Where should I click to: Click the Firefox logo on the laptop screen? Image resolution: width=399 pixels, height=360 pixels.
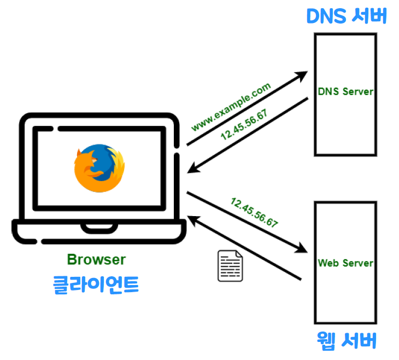click(99, 169)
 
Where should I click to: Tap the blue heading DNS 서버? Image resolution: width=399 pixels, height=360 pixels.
click(346, 16)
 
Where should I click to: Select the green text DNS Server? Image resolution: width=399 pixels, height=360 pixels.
click(345, 91)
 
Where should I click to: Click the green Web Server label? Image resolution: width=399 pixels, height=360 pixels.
click(345, 263)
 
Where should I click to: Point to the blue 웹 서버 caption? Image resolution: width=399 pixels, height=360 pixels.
click(347, 340)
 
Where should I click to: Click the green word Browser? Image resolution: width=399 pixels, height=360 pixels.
click(96, 259)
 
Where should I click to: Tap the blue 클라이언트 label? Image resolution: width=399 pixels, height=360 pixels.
click(96, 284)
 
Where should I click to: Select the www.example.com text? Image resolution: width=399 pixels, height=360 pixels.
click(231, 107)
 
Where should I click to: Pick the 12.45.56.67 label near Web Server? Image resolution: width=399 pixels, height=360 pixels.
click(254, 213)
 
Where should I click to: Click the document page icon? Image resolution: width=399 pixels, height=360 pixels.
click(230, 266)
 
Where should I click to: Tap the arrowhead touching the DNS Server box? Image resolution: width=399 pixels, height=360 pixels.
click(301, 76)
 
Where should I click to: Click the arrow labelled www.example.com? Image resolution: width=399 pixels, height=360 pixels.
click(246, 109)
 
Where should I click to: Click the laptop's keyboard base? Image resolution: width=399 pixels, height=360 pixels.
click(99, 230)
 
